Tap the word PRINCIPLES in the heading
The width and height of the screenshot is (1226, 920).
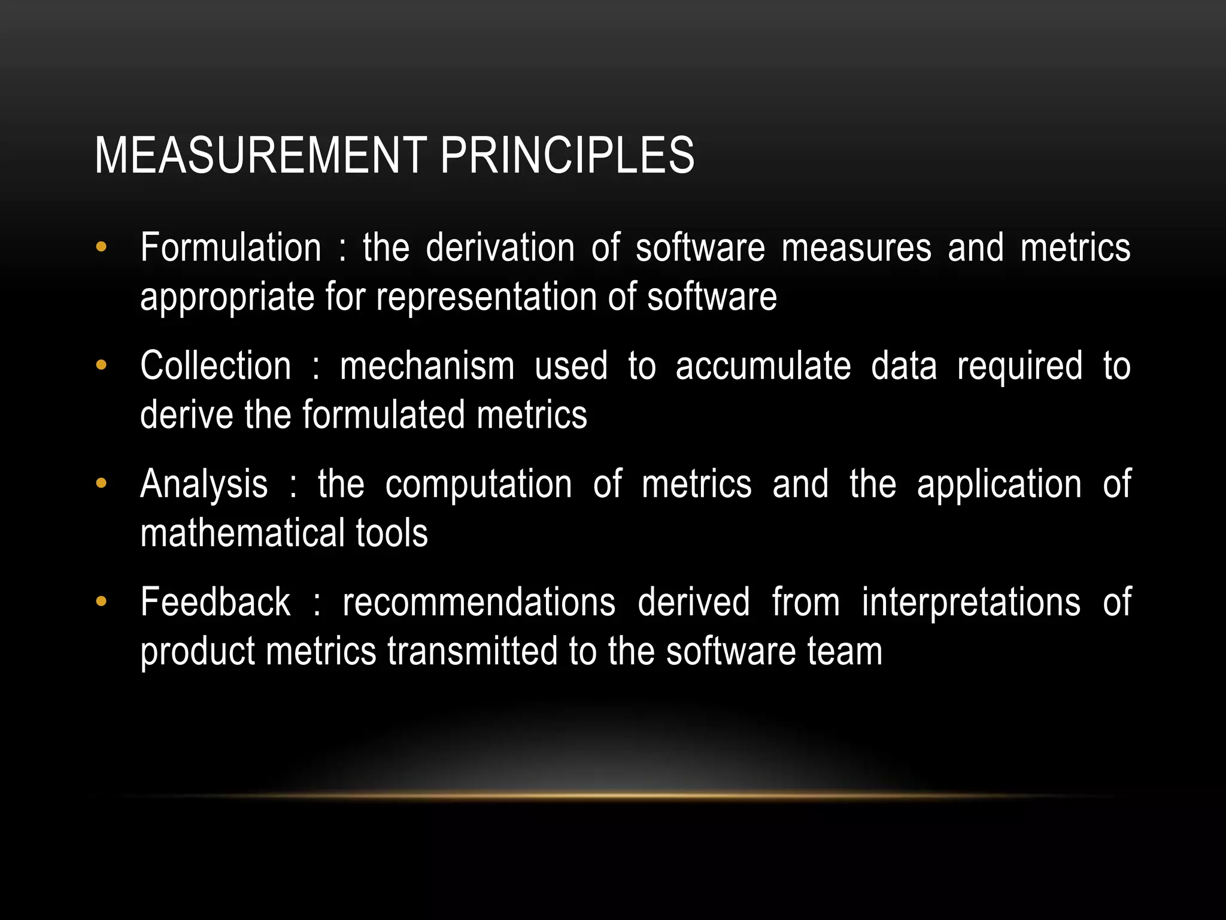point(567,156)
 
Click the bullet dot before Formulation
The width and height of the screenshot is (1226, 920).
point(101,247)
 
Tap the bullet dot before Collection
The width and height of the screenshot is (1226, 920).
point(101,365)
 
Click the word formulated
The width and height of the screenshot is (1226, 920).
point(383,414)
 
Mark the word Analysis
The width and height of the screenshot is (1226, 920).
point(204,484)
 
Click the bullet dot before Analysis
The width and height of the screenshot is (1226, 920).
point(101,483)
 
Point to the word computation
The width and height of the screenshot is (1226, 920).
point(478,484)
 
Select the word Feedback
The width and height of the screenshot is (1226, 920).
point(215,602)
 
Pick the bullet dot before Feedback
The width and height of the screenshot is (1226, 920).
point(101,601)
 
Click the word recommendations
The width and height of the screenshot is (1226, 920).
point(478,602)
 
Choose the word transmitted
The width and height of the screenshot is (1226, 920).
point(472,651)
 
